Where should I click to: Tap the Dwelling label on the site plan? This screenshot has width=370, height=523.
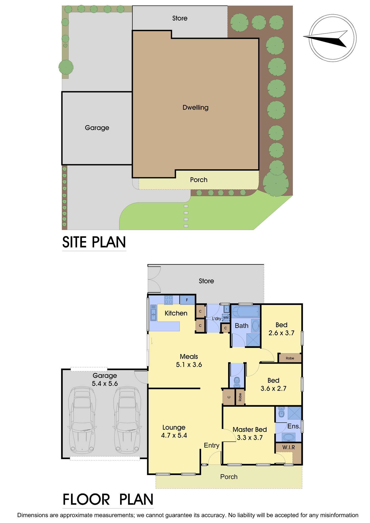[195, 108]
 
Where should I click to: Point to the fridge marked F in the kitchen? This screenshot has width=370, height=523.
[187, 300]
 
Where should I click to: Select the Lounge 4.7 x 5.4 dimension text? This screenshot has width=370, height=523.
[174, 435]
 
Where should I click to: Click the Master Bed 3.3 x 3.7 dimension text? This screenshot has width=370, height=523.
[250, 437]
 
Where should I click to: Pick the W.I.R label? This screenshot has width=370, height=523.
[288, 447]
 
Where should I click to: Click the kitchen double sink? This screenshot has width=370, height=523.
[154, 313]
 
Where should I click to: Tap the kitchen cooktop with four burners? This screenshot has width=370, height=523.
[168, 300]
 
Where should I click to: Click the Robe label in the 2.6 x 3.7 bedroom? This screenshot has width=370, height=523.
[290, 358]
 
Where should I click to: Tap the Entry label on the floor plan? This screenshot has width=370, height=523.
[212, 445]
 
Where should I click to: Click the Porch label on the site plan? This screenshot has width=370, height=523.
[199, 180]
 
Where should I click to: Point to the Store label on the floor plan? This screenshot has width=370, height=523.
[206, 281]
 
